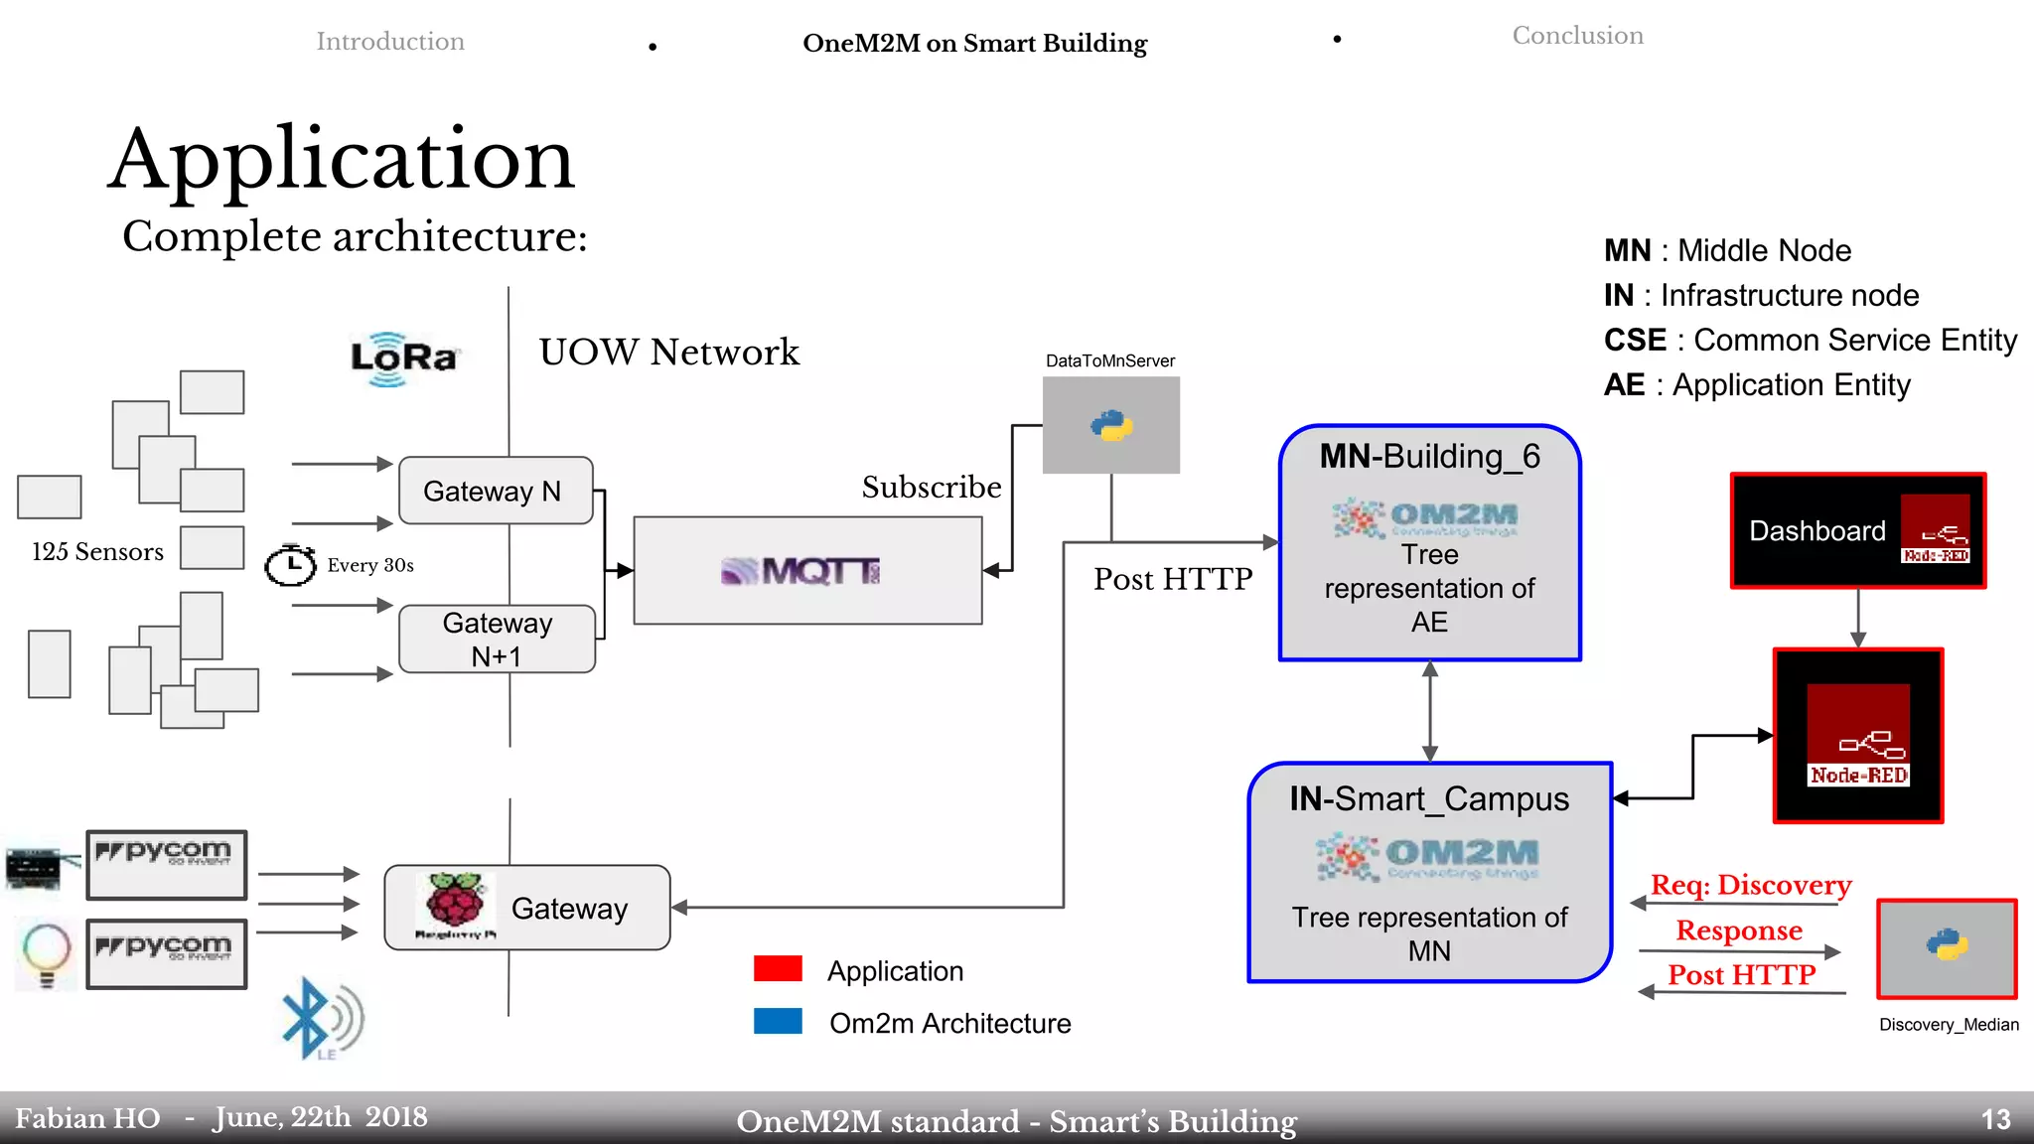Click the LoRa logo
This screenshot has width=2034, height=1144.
(404, 358)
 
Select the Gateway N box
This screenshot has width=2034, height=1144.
(495, 491)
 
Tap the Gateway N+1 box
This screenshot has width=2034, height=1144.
(497, 640)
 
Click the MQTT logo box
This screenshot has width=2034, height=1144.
(806, 571)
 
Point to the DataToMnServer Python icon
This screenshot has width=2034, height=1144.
(1111, 425)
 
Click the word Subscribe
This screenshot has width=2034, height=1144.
(931, 487)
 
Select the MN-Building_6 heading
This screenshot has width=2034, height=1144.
(1428, 456)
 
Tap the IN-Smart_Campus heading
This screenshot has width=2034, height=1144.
(1428, 798)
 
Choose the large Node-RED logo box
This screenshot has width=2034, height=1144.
(1857, 736)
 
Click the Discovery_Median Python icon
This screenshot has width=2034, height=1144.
(1947, 947)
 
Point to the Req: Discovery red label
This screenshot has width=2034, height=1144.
(1750, 884)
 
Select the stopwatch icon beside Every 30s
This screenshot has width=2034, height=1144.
(289, 564)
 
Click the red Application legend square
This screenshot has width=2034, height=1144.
(778, 969)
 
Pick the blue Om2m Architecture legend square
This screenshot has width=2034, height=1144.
(778, 1022)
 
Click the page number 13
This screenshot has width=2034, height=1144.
(1994, 1120)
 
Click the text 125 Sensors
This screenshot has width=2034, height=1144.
(97, 551)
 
